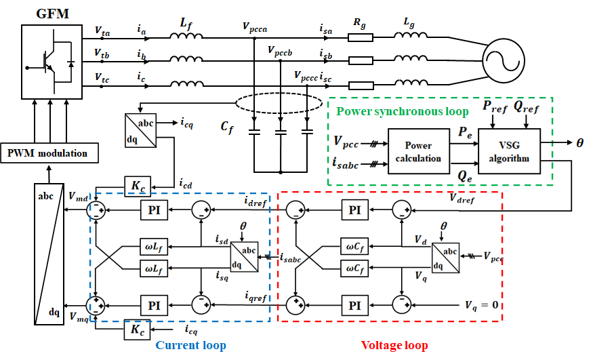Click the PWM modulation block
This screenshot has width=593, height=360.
tap(48, 153)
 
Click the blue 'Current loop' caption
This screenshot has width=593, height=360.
tap(190, 345)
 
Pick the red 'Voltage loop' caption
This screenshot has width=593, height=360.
tap(394, 345)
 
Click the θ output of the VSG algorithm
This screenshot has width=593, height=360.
tap(579, 144)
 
